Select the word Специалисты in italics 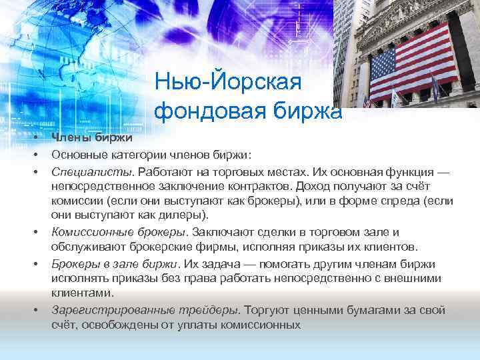pyautogui.click(x=83, y=170)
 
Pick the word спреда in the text pyautogui.click(x=401, y=201)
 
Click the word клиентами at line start pyautogui.click(x=82, y=293)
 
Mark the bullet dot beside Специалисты pyautogui.click(x=34, y=170)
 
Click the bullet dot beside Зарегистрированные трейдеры pyautogui.click(x=34, y=310)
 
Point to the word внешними pyautogui.click(x=421, y=277)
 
